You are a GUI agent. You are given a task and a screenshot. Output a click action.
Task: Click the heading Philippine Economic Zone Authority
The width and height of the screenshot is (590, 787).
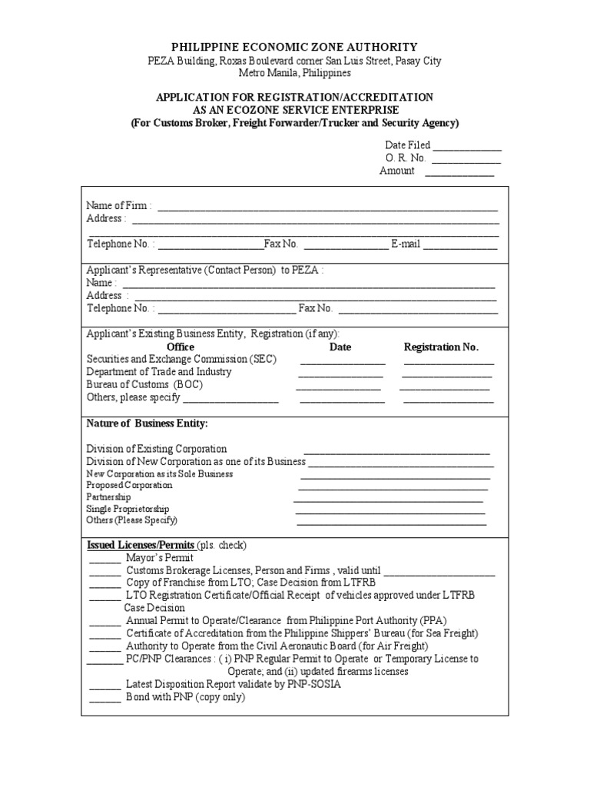tap(295, 48)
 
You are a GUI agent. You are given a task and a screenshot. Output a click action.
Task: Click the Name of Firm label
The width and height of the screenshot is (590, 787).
tap(118, 206)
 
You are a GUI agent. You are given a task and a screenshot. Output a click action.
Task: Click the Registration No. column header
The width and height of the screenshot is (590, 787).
tap(441, 347)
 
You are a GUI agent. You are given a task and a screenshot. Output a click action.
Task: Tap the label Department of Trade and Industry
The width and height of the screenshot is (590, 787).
tap(158, 372)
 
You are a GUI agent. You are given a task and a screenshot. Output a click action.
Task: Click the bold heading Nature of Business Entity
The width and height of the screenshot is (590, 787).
tap(147, 423)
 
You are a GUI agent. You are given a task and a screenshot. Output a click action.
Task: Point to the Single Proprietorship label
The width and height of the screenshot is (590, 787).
tap(128, 509)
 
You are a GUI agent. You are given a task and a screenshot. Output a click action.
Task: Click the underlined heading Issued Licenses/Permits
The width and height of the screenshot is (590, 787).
tap(141, 545)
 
